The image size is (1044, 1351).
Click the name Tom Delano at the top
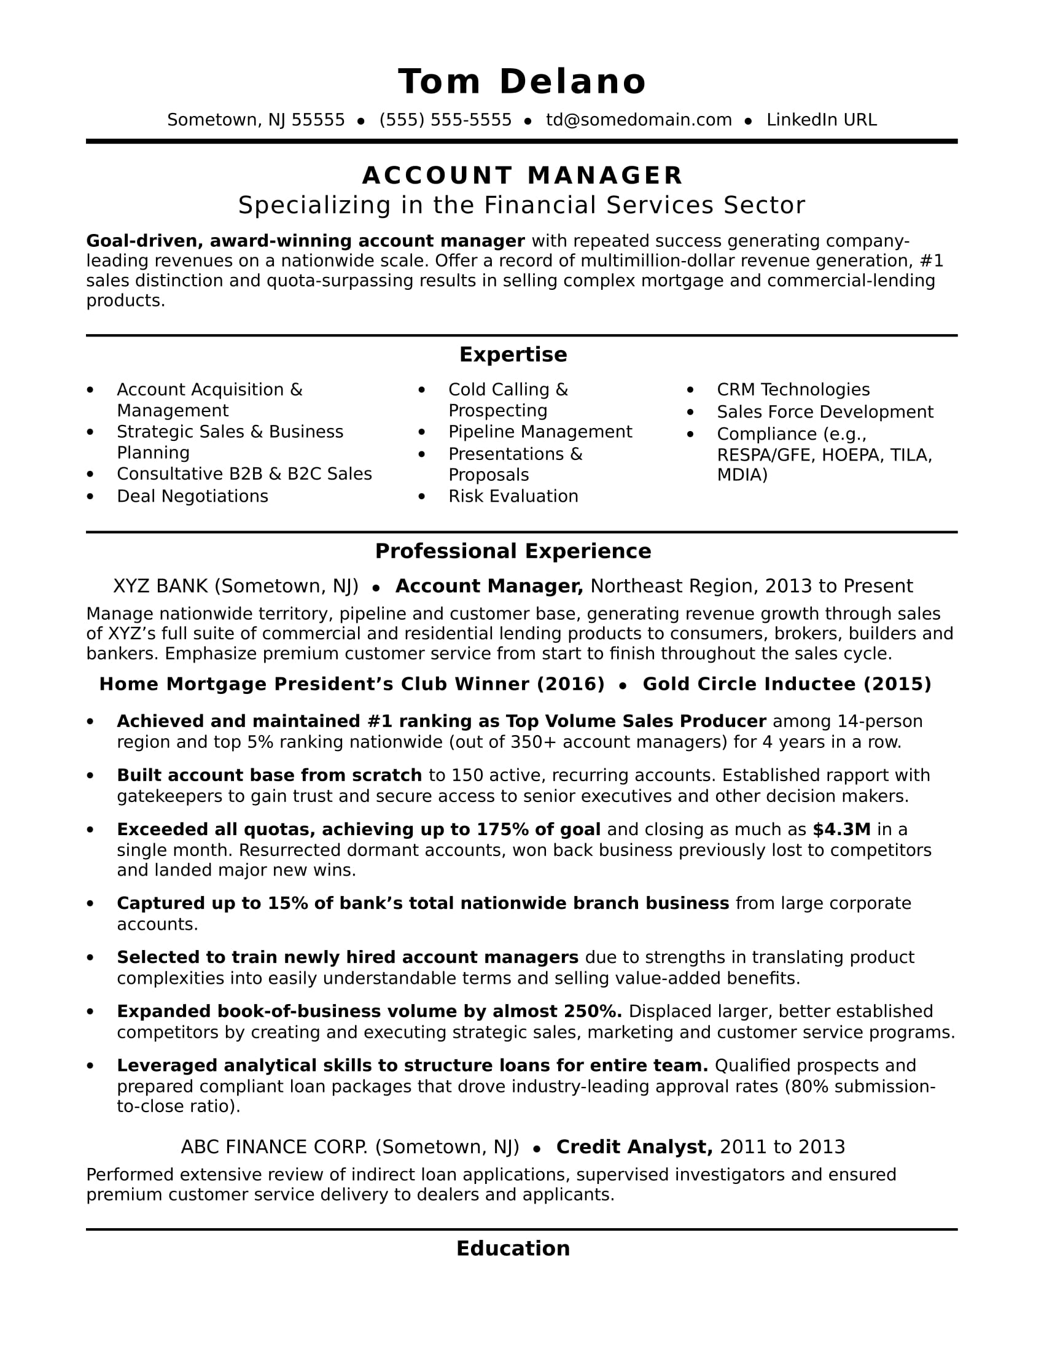coord(522,82)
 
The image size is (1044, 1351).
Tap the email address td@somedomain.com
coord(638,120)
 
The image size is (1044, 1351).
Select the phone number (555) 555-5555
coord(445,120)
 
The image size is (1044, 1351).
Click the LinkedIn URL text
coord(821,120)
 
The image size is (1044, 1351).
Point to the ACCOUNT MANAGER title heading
coord(522,176)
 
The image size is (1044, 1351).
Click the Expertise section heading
coord(513,354)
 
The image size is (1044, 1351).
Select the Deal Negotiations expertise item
coord(192,496)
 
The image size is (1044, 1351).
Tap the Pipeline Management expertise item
coord(540,432)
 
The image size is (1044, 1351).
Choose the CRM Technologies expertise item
coord(793,390)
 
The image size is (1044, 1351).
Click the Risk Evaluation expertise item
coord(513,496)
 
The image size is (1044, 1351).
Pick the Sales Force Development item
coord(824,412)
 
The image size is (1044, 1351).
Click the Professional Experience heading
coord(513,551)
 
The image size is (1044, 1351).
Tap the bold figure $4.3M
coord(841,830)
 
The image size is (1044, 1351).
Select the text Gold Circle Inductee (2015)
coord(787,684)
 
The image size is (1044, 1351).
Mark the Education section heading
coord(513,1248)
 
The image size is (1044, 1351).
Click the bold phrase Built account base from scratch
coord(269,775)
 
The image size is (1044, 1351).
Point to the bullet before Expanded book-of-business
coord(90,1012)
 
